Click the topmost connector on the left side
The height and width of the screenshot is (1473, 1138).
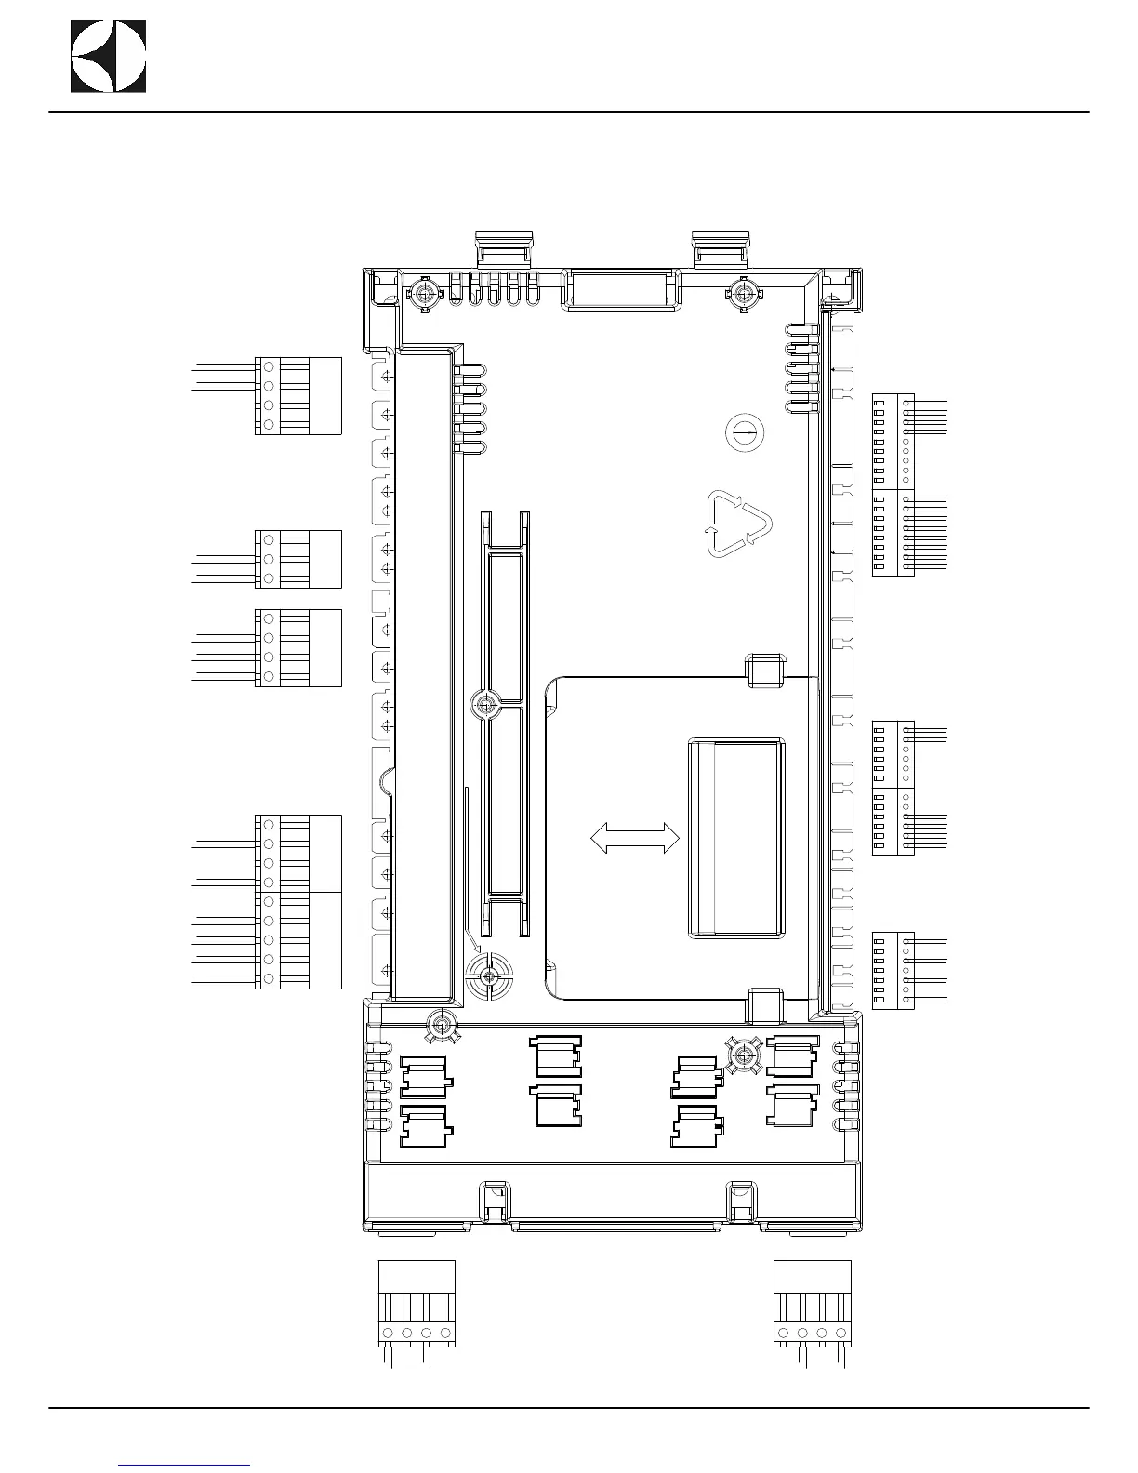click(298, 395)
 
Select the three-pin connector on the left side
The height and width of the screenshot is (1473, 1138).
click(298, 559)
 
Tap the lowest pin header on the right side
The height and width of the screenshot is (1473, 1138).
click(893, 970)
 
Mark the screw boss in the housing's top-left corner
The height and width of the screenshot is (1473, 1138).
click(425, 295)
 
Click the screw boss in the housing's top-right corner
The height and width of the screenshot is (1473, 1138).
click(743, 295)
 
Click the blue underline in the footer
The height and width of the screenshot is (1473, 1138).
click(185, 1465)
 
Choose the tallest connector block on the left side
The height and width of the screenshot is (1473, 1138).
click(298, 901)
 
